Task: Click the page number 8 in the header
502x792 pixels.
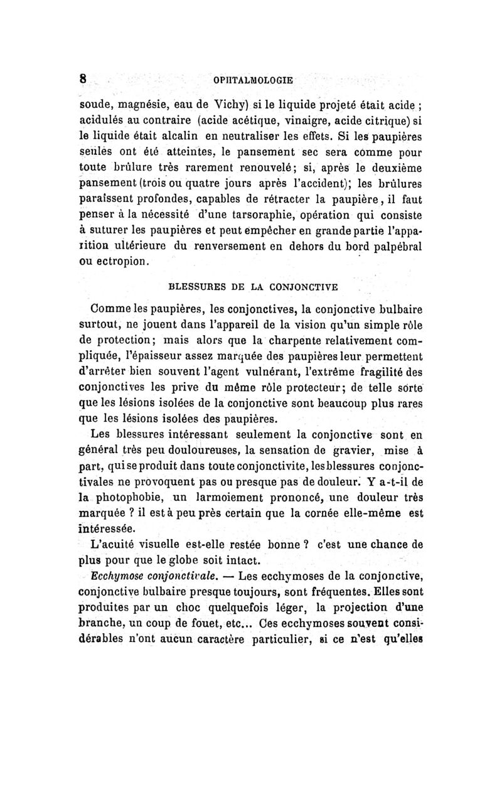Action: (82, 80)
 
